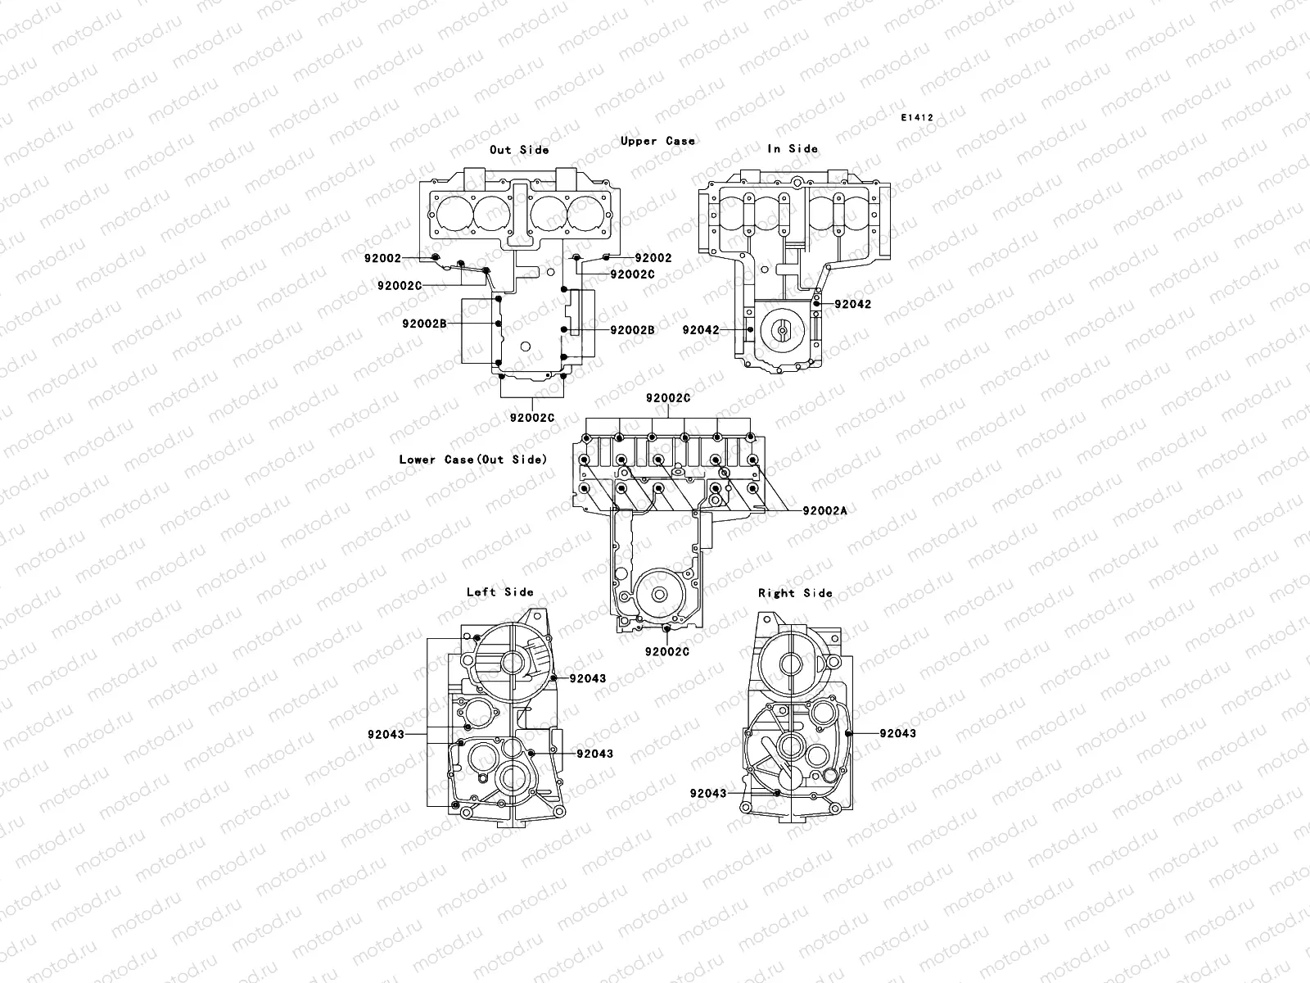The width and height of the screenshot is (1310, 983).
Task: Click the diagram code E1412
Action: pos(917,118)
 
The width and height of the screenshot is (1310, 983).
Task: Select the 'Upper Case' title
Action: pos(657,141)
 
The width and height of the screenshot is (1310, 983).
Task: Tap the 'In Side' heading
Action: pos(793,148)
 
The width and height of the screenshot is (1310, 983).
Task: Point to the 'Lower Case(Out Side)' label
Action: pos(472,460)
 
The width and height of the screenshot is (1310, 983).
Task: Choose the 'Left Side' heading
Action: pos(499,591)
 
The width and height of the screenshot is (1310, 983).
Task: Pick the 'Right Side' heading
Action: pos(795,593)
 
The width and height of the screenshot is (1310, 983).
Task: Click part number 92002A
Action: pos(824,510)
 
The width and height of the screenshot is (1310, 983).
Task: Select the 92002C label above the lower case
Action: pos(668,398)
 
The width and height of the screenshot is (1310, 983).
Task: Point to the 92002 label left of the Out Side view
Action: pos(383,258)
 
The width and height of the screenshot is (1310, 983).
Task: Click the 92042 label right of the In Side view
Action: pos(853,304)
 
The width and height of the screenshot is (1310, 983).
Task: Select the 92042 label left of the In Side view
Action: pos(701,330)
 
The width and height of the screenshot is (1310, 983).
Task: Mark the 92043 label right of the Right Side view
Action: pos(898,733)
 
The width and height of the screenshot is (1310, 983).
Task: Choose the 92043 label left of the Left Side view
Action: pos(386,735)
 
